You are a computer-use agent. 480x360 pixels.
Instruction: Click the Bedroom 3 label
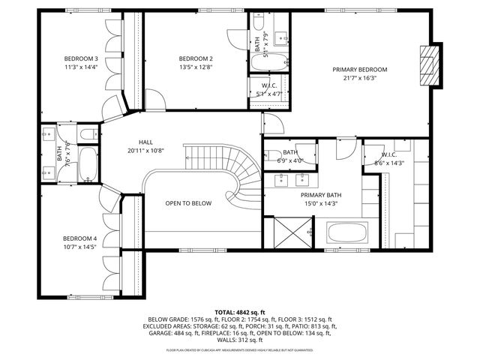point(80,58)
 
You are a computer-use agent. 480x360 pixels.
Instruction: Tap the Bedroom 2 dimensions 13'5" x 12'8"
point(196,67)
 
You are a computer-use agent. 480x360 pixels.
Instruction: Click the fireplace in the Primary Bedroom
point(427,66)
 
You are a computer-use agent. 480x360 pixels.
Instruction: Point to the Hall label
point(146,142)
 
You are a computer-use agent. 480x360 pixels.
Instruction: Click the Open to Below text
point(188,203)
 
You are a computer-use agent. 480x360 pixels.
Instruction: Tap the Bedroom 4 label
point(80,238)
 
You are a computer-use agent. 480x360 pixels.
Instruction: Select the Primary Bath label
point(320,194)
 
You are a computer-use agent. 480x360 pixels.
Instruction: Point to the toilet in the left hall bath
point(88,133)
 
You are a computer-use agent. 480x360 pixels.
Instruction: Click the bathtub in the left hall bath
point(88,164)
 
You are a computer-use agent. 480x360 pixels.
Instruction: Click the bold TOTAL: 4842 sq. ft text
point(240,311)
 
